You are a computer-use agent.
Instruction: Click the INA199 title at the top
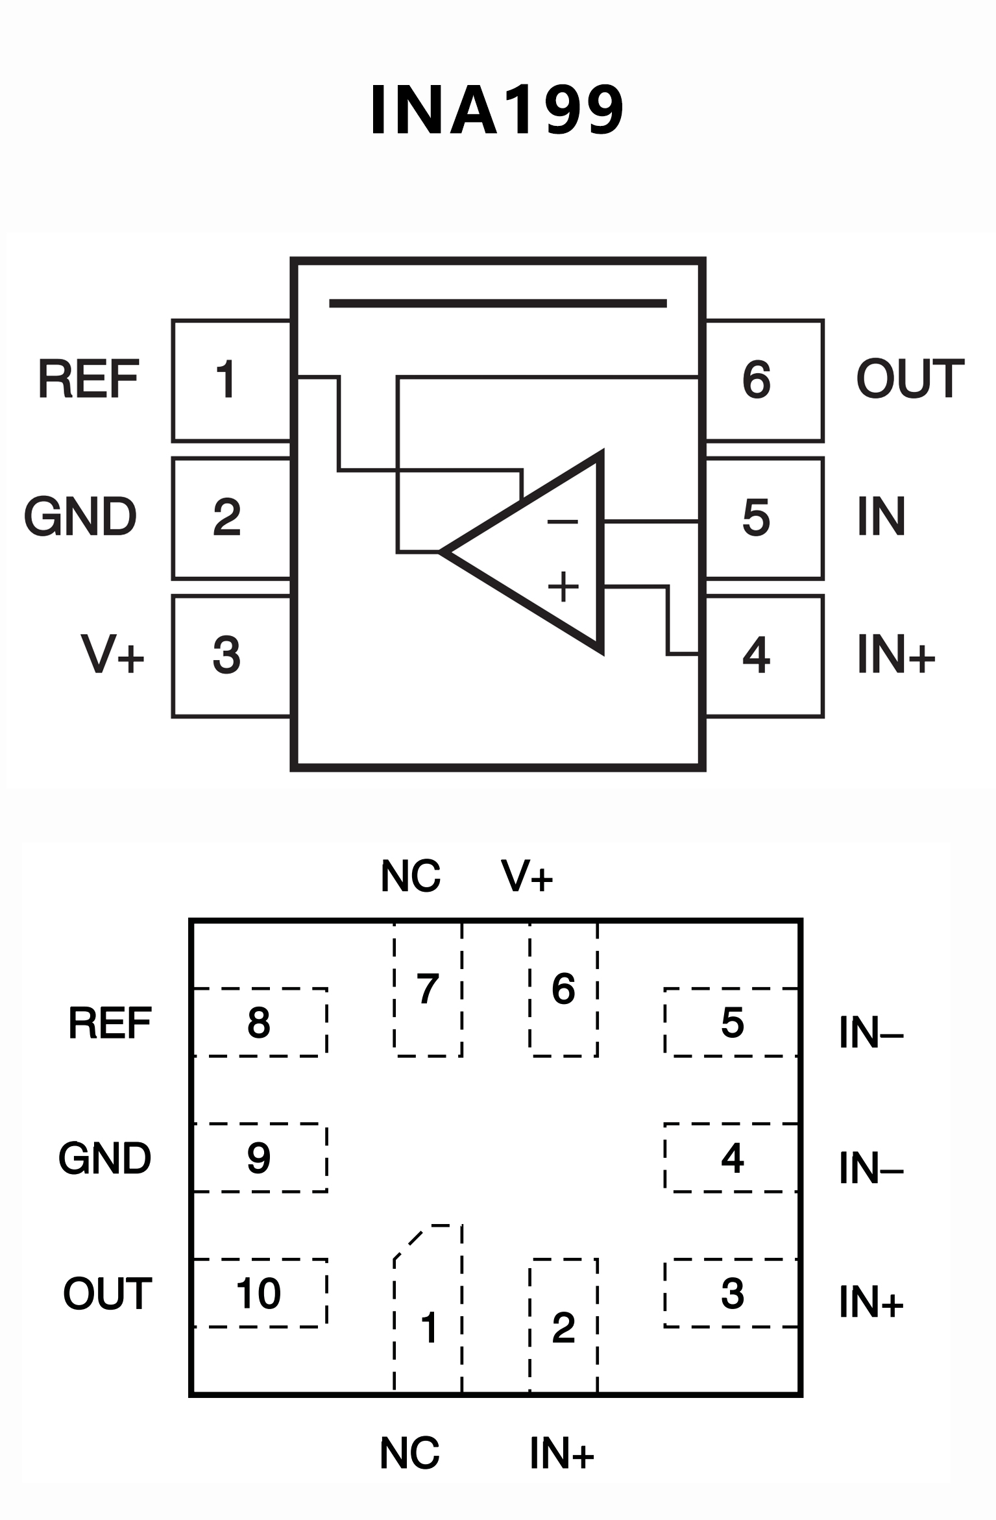click(497, 110)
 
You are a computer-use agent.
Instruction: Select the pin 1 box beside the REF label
click(231, 380)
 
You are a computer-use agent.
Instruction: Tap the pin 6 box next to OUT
click(764, 380)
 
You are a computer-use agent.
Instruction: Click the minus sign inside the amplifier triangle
click(562, 521)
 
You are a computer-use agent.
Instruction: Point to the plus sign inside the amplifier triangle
click(563, 586)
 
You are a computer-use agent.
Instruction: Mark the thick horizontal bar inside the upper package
click(498, 303)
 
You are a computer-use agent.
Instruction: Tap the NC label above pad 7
click(410, 876)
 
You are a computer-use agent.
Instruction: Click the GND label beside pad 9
click(104, 1158)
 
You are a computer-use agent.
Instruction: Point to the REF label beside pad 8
click(110, 1024)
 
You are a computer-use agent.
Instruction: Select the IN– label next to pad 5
click(870, 1033)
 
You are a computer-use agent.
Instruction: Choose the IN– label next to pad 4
click(870, 1169)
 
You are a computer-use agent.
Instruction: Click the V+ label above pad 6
click(526, 876)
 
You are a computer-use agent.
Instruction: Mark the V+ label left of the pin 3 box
click(112, 654)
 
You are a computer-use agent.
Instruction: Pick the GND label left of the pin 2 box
click(80, 517)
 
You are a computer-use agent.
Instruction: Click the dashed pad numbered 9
click(260, 1158)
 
